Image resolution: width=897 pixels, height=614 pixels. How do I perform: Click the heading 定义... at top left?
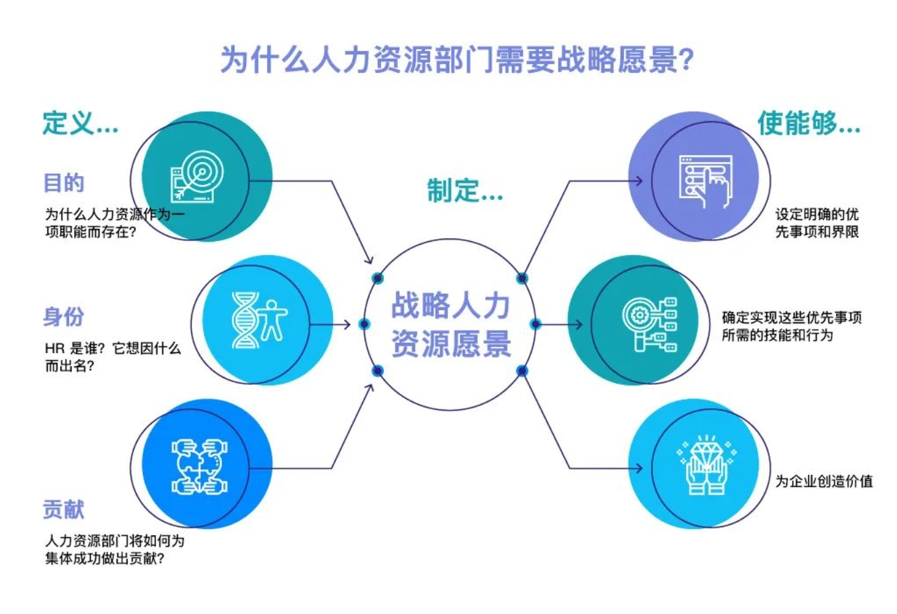(80, 123)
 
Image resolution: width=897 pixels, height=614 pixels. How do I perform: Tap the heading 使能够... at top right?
(809, 123)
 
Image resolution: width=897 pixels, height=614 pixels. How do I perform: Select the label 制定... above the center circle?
(465, 190)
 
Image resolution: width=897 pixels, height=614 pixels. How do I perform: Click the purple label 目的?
(64, 183)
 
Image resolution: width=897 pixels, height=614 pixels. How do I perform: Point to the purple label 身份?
(64, 317)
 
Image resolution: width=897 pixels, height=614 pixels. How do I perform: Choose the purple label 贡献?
(64, 509)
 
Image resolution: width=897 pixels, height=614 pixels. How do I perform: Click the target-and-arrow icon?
(197, 176)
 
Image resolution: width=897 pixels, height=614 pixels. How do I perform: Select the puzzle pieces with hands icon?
(200, 467)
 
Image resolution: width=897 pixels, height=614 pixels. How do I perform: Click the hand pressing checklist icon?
(706, 181)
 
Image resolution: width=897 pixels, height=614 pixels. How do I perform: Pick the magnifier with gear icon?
(650, 325)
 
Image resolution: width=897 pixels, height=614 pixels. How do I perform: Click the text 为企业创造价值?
(824, 481)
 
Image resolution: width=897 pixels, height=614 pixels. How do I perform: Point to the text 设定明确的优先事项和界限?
(817, 223)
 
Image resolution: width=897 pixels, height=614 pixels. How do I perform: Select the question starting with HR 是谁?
(113, 357)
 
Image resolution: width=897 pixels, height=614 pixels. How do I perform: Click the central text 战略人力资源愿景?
(451, 324)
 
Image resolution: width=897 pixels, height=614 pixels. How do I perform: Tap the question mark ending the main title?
(686, 60)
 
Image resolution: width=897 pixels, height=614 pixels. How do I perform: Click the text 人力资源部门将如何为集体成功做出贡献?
(115, 550)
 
